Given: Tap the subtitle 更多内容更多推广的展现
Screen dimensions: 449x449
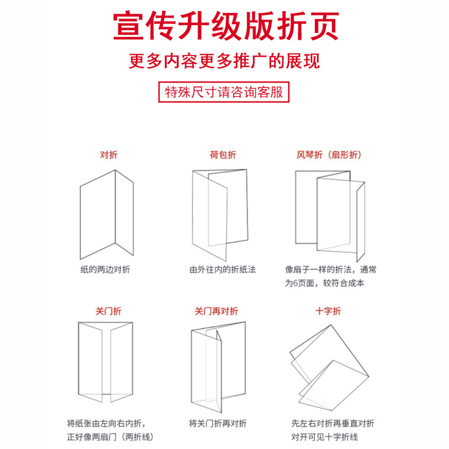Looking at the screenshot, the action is coord(225,61).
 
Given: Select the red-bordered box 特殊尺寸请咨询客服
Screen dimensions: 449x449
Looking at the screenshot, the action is coord(224,92).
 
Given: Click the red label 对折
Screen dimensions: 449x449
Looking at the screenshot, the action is coord(109,154).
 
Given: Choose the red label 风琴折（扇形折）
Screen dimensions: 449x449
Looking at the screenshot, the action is coord(329,154).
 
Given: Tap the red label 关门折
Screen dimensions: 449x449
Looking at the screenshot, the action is coord(109,310).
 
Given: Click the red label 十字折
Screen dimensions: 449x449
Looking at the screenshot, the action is coord(329,310).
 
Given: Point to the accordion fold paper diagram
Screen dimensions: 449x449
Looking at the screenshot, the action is coord(330,213).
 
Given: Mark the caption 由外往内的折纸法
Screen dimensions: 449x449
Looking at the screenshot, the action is coord(222,269).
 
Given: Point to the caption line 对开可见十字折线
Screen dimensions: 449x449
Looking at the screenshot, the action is coord(324,437).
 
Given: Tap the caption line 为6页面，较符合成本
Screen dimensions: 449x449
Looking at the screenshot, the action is coord(324,283).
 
